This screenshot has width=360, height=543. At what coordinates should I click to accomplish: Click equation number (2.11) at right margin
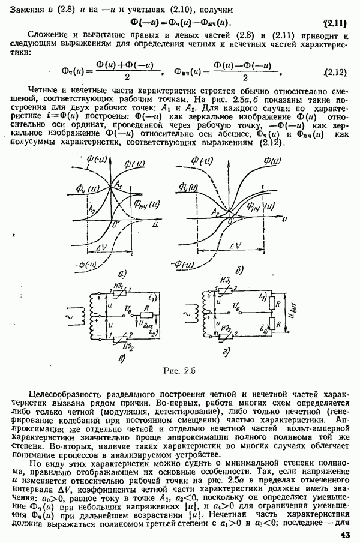(x=335, y=23)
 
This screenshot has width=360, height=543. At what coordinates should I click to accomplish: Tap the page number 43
(x=344, y=535)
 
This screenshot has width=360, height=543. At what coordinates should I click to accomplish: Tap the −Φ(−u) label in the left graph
(x=77, y=266)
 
